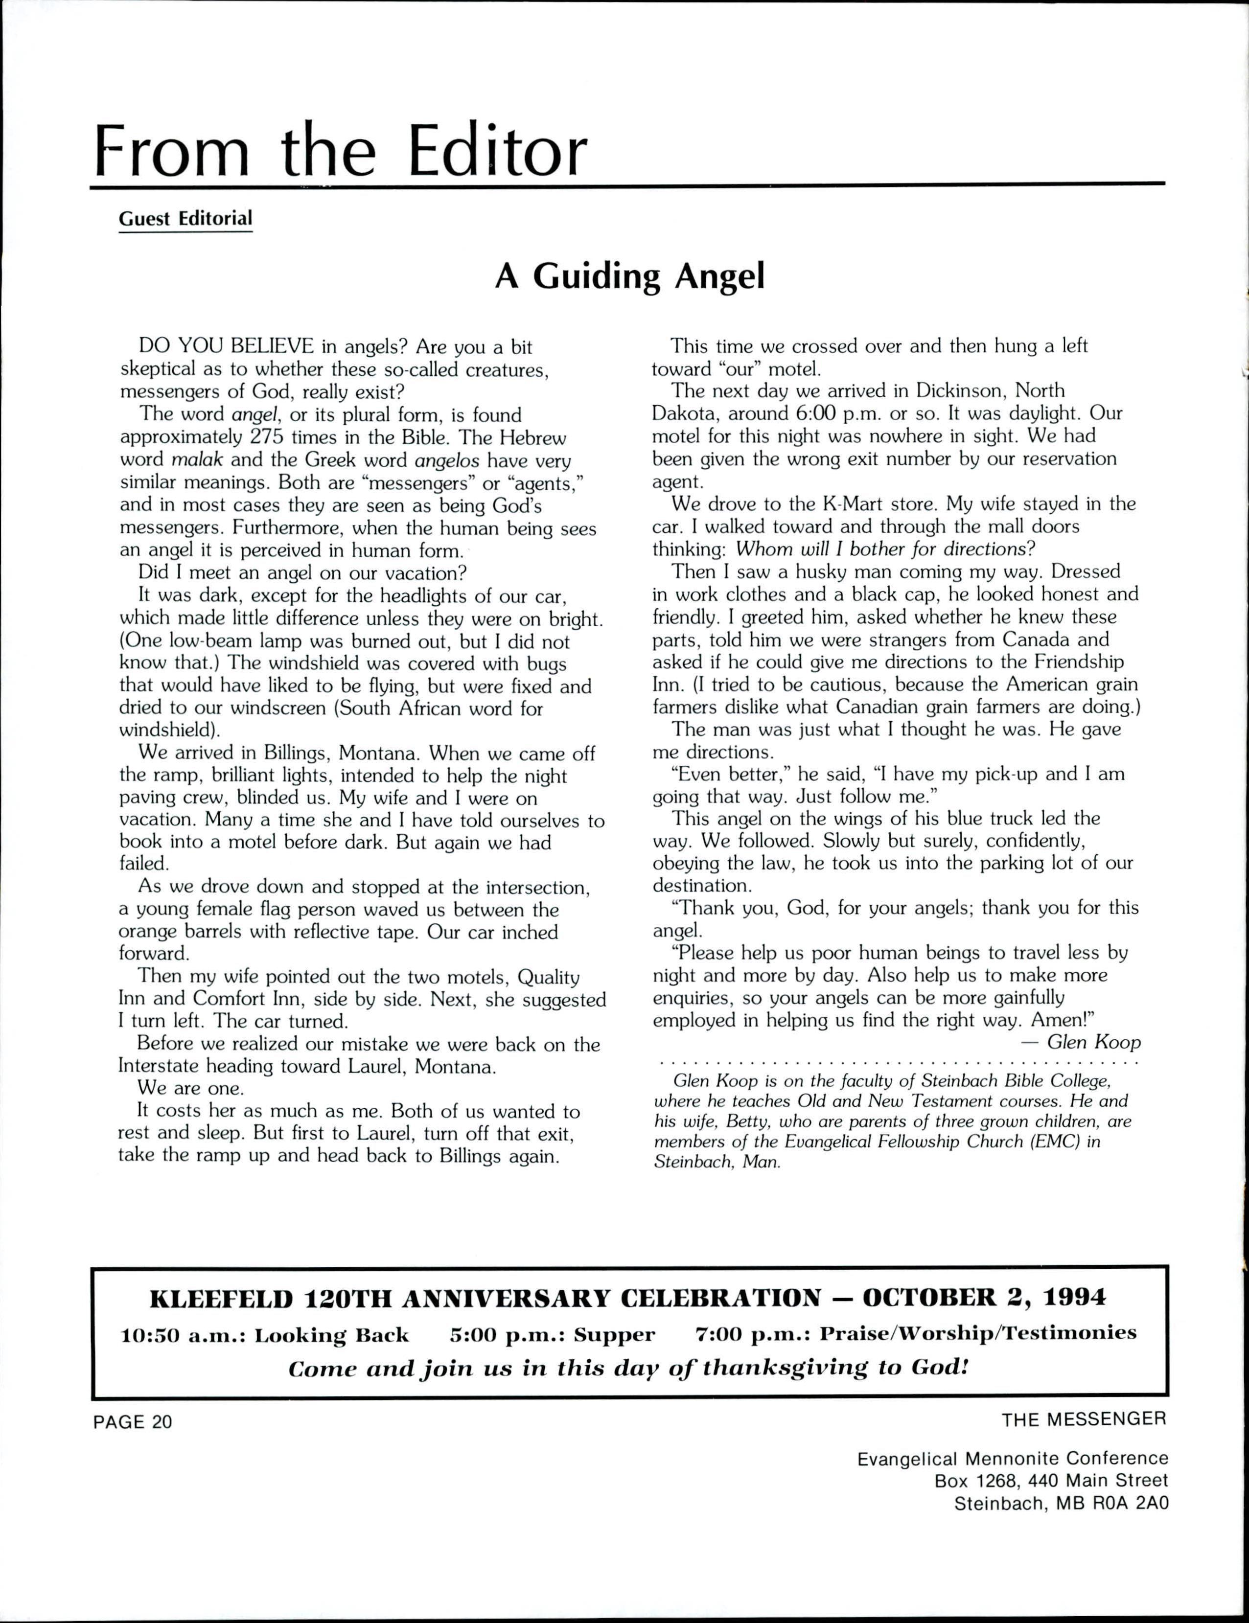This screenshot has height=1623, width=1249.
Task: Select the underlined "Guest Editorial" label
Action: [x=185, y=219]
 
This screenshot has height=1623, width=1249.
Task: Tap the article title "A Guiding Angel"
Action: [x=630, y=276]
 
